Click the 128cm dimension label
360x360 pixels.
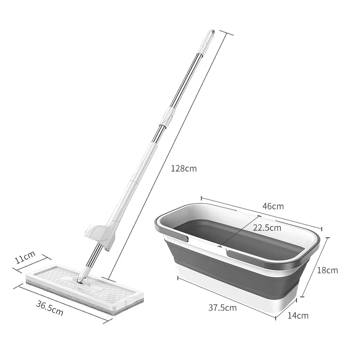[184, 169]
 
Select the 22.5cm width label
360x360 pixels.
[266, 227]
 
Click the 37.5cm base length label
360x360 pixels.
[222, 308]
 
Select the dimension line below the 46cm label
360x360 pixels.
[261, 215]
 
